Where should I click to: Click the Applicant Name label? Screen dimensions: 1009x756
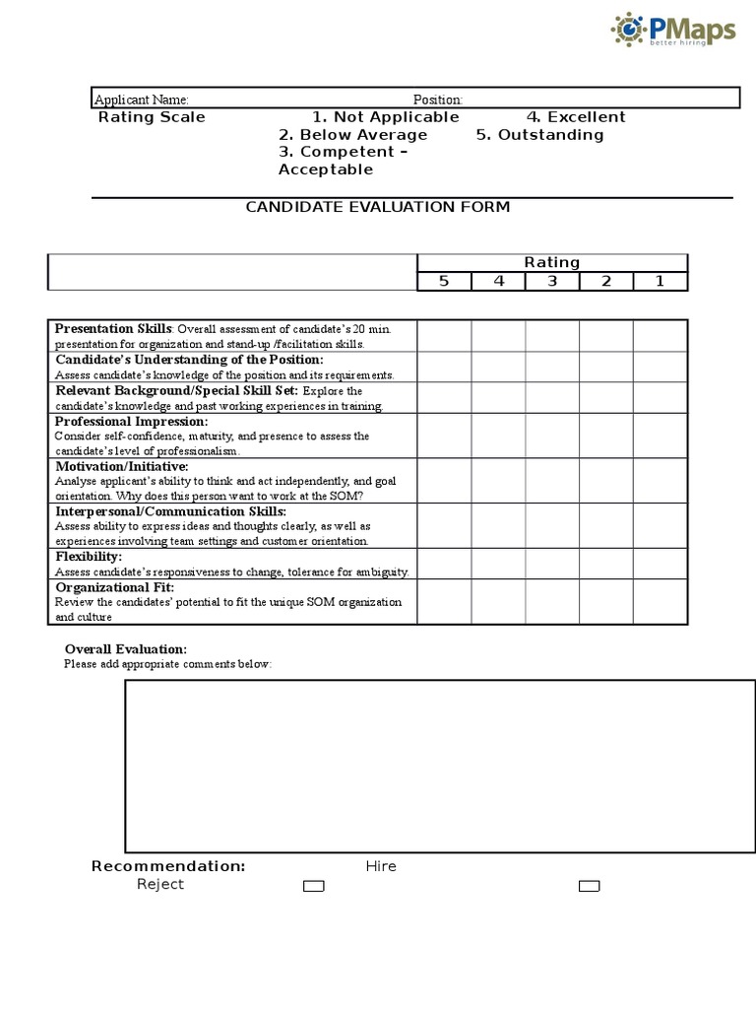click(x=141, y=100)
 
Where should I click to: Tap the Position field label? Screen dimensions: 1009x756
click(x=437, y=100)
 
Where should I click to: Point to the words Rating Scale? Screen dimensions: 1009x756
click(x=152, y=117)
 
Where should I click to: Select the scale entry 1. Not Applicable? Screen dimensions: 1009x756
click(x=385, y=117)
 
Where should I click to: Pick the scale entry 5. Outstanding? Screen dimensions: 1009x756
click(x=539, y=135)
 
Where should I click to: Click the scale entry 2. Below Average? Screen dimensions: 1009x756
click(x=352, y=135)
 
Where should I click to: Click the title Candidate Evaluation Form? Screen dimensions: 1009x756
click(x=377, y=207)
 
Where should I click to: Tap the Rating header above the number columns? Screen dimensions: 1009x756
click(x=551, y=262)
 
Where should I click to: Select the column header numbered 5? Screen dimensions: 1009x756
click(x=444, y=281)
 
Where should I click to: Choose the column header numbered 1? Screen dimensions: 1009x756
click(x=660, y=281)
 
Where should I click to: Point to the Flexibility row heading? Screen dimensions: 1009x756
click(x=89, y=557)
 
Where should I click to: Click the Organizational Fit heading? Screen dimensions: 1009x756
click(x=114, y=587)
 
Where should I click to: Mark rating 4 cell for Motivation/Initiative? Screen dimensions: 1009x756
click(x=498, y=480)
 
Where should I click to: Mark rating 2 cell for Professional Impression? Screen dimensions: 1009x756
click(x=605, y=435)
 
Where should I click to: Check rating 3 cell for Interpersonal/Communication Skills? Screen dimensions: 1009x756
click(x=551, y=525)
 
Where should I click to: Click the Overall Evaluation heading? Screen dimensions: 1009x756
click(x=125, y=649)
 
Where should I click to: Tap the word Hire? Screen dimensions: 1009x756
click(x=381, y=866)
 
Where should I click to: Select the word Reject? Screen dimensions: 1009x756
click(x=159, y=884)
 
